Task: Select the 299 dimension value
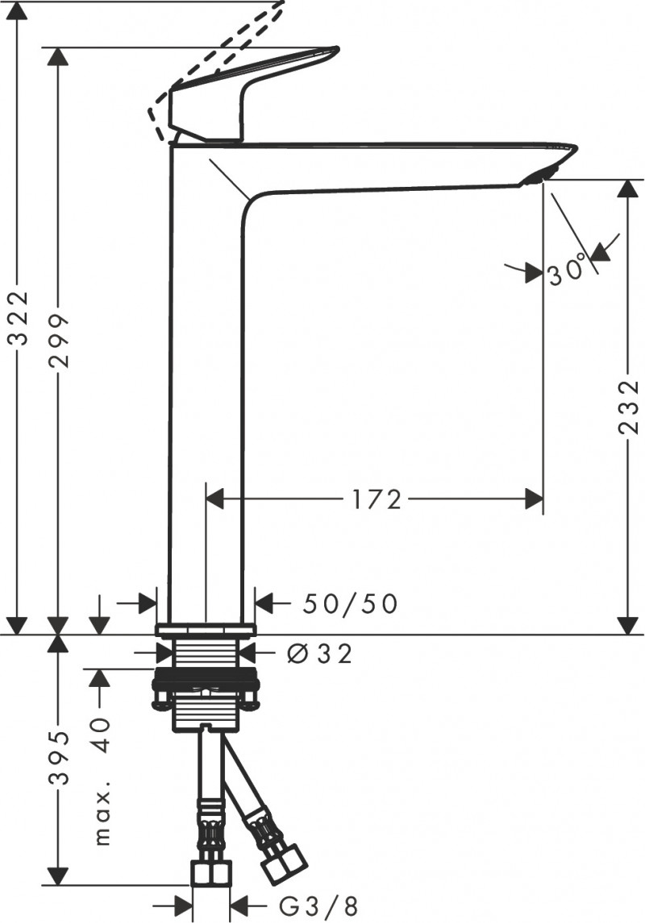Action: pyautogui.click(x=59, y=340)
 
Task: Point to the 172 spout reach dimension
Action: pyautogui.click(x=376, y=499)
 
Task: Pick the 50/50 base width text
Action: pyautogui.click(x=351, y=603)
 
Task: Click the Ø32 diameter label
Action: pyautogui.click(x=320, y=654)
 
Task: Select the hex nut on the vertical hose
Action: pyautogui.click(x=212, y=874)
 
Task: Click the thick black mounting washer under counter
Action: pyautogui.click(x=205, y=677)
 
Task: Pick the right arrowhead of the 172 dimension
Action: pyautogui.click(x=535, y=499)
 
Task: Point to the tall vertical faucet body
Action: pyautogui.click(x=208, y=387)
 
